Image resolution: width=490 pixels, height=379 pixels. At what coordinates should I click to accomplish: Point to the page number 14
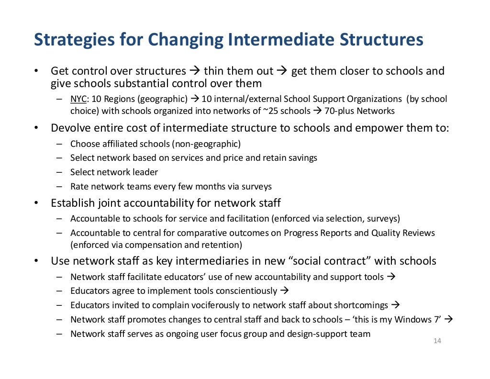[437, 341]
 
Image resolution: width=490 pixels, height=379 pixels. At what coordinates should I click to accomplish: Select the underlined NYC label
[78, 99]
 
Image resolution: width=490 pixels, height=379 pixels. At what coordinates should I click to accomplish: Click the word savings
[301, 157]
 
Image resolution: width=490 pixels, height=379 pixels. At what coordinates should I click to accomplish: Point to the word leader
[145, 172]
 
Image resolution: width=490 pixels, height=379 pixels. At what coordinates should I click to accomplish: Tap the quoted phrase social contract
[329, 261]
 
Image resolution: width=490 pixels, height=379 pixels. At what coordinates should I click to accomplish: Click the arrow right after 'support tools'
[390, 276]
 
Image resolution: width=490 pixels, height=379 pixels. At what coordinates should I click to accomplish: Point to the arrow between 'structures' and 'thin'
[195, 71]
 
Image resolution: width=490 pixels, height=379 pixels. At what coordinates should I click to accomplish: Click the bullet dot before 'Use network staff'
[36, 261]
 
